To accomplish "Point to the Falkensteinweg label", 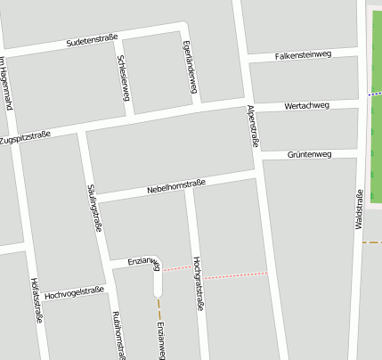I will (x=303, y=54).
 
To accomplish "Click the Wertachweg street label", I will (x=306, y=106).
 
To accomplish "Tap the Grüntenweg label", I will (x=309, y=155).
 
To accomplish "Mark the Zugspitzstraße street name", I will (x=25, y=138).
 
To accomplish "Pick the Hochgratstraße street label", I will (x=198, y=283).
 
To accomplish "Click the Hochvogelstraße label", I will (x=74, y=292).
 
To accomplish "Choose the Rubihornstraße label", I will (x=118, y=335).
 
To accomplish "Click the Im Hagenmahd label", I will (x=6, y=83).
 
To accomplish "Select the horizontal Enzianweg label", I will (x=142, y=261).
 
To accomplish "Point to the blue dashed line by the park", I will (x=374, y=94).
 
